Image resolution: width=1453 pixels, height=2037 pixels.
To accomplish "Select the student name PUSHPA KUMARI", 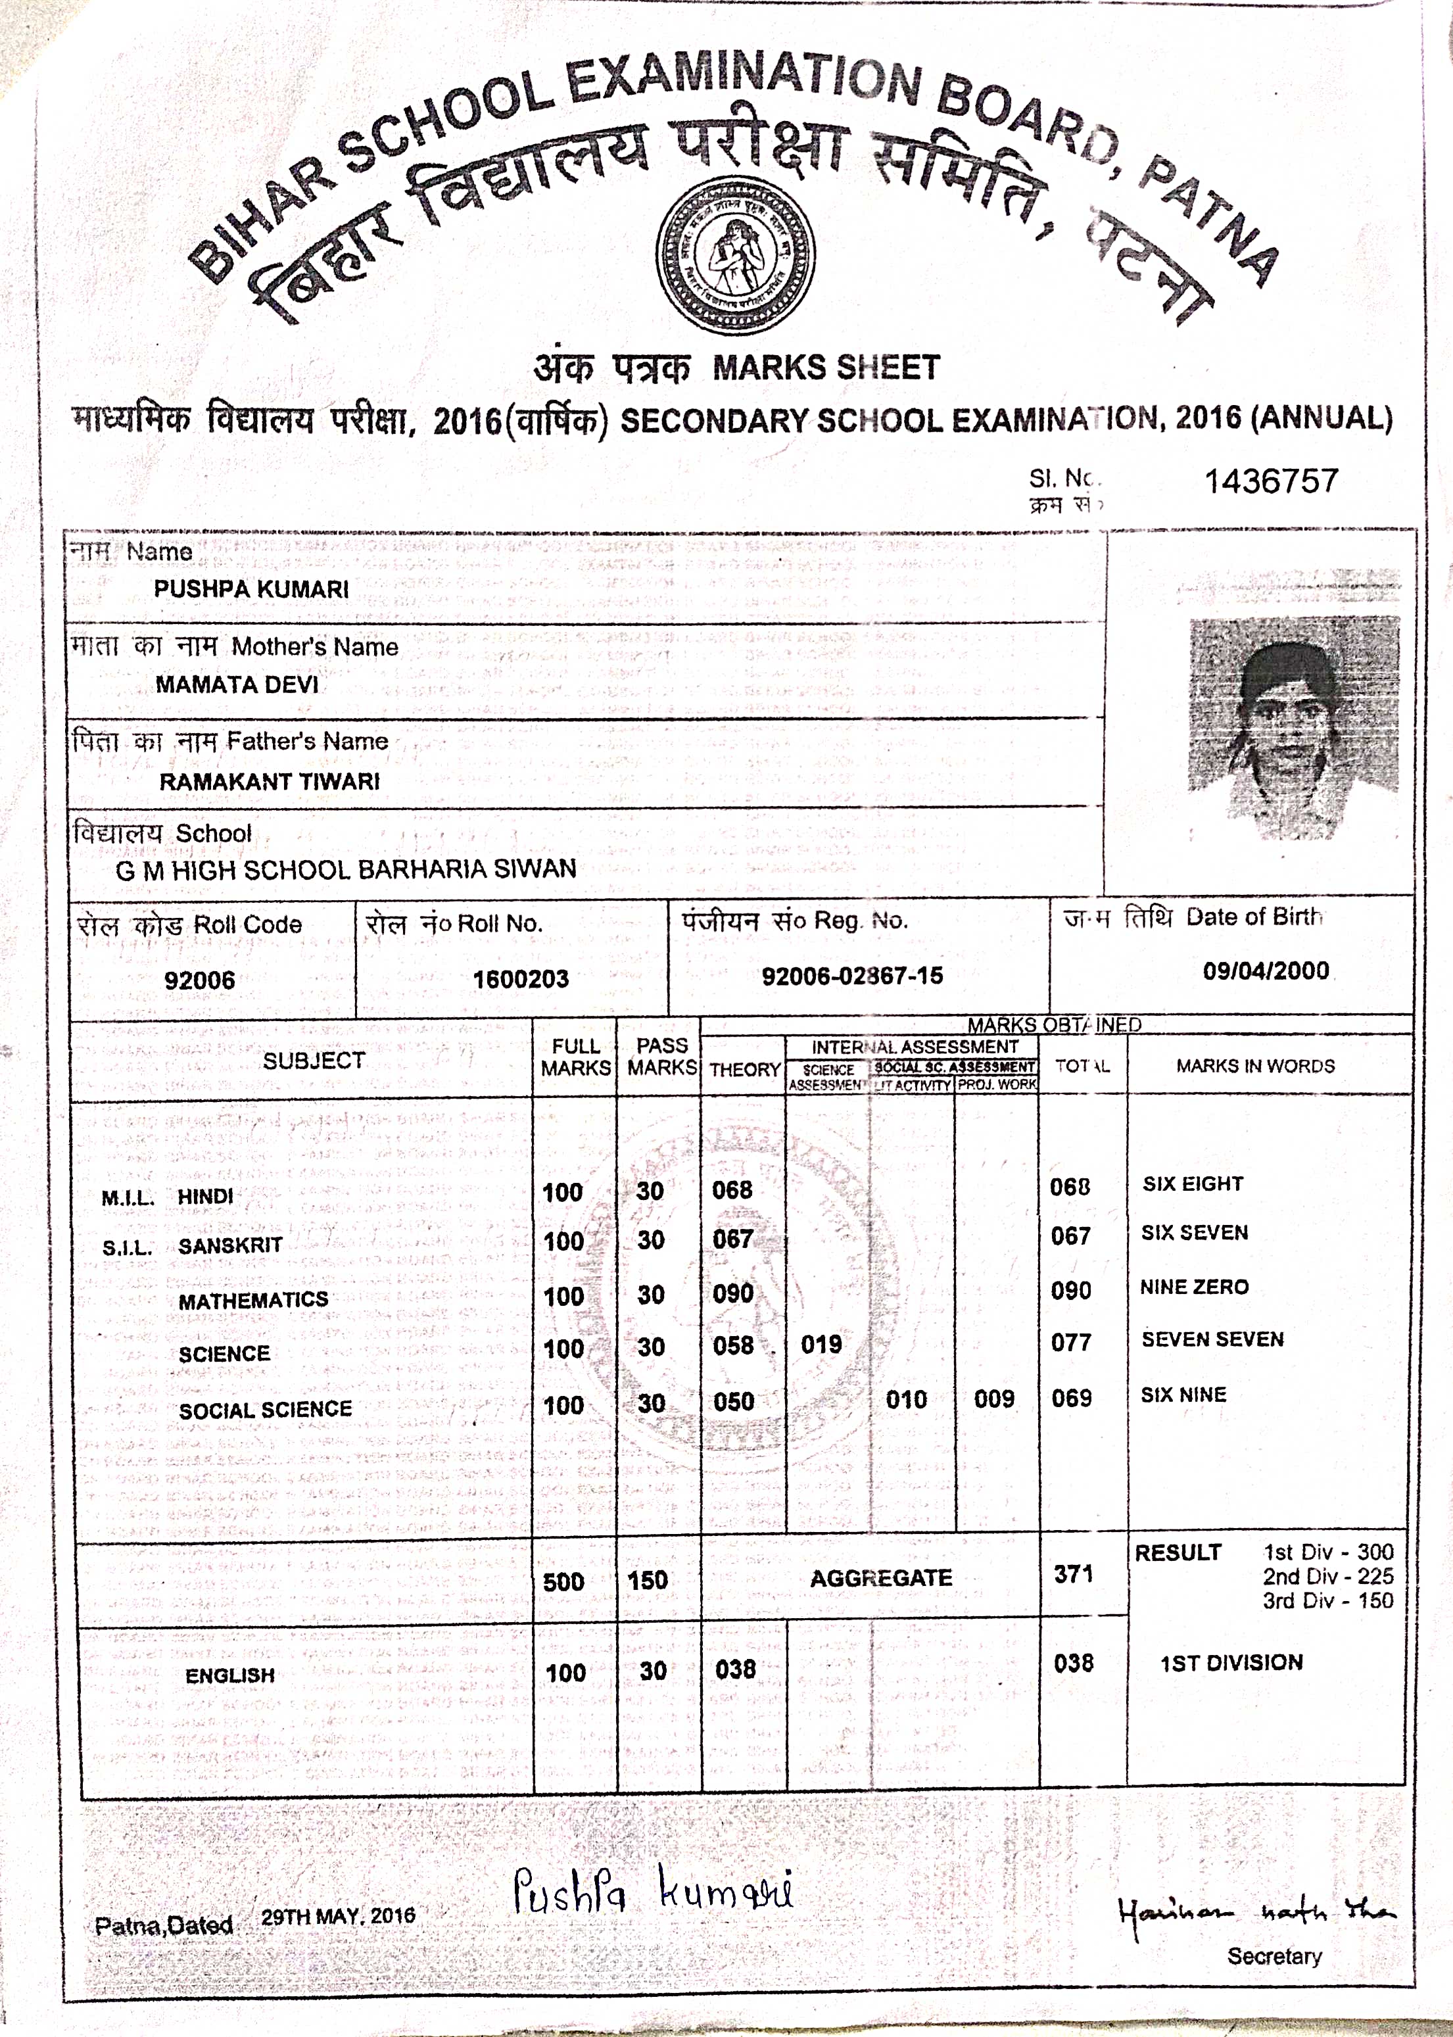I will [x=251, y=590].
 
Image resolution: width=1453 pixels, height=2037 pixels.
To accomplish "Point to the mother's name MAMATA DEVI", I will [x=237, y=684].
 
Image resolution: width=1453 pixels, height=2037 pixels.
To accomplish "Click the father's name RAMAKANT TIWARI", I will [x=270, y=781].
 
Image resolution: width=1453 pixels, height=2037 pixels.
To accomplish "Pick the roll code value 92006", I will [x=199, y=980].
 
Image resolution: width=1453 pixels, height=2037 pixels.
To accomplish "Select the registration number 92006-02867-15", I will [x=852, y=975].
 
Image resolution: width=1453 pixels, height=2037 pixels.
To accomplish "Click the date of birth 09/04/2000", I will [x=1265, y=971].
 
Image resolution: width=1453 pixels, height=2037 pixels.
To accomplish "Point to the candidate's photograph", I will [x=1293, y=728].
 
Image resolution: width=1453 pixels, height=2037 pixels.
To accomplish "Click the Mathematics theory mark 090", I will [x=733, y=1293].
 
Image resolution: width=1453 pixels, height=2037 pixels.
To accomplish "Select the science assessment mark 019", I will [x=821, y=1344].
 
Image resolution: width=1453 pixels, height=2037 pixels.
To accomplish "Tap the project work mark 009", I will [x=994, y=1399].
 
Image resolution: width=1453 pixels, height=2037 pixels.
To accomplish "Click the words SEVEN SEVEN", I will [x=1212, y=1339].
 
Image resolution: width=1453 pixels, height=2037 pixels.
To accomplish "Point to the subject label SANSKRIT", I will [x=230, y=1245].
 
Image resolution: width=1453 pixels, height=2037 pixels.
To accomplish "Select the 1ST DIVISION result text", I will [x=1231, y=1662].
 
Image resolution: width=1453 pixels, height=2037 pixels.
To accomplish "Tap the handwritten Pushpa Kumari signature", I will [x=653, y=1893].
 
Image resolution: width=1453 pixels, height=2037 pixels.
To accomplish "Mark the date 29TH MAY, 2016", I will [x=338, y=1916].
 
